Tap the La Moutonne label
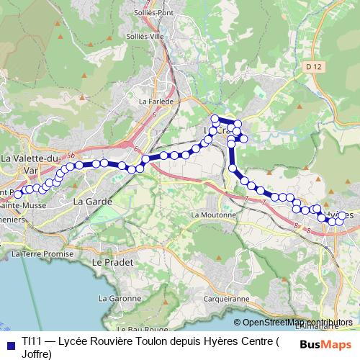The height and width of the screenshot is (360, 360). click(213, 215)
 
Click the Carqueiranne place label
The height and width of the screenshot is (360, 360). click(226, 297)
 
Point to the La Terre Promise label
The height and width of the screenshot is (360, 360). click(43, 254)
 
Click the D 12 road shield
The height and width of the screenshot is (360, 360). click(312, 66)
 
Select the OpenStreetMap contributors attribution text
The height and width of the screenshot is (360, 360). click(297, 323)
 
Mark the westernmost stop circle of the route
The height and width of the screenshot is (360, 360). click(18, 194)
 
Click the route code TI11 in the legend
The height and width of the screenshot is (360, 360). click(31, 341)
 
